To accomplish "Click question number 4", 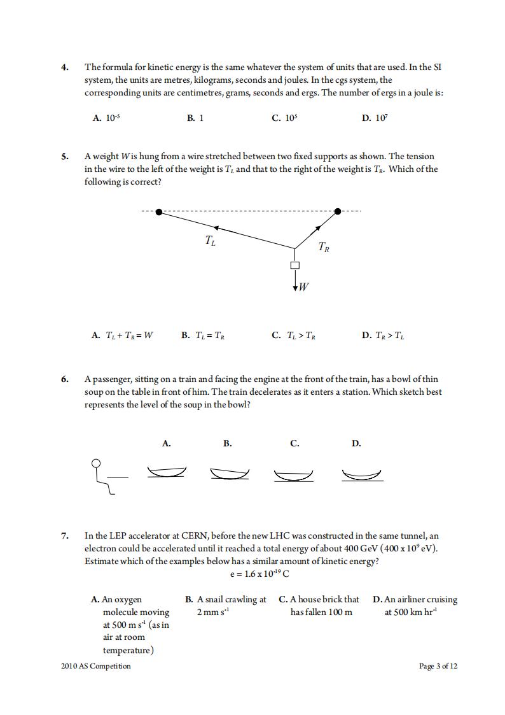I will coord(65,67).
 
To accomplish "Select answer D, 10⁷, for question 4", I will coord(375,118).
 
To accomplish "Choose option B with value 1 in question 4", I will coord(195,118).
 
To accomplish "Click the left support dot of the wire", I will coord(158,211).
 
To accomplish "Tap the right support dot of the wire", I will coord(338,211).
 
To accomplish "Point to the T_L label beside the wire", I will coord(210,240).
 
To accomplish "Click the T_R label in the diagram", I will coord(323,247).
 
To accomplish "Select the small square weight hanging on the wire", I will coord(294,265).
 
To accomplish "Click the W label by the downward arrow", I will coord(303,287).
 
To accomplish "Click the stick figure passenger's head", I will coord(97,463).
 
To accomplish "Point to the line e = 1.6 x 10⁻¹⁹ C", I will coord(259,574).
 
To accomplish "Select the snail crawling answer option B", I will coord(226,605).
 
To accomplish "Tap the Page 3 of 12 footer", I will coord(438,666).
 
